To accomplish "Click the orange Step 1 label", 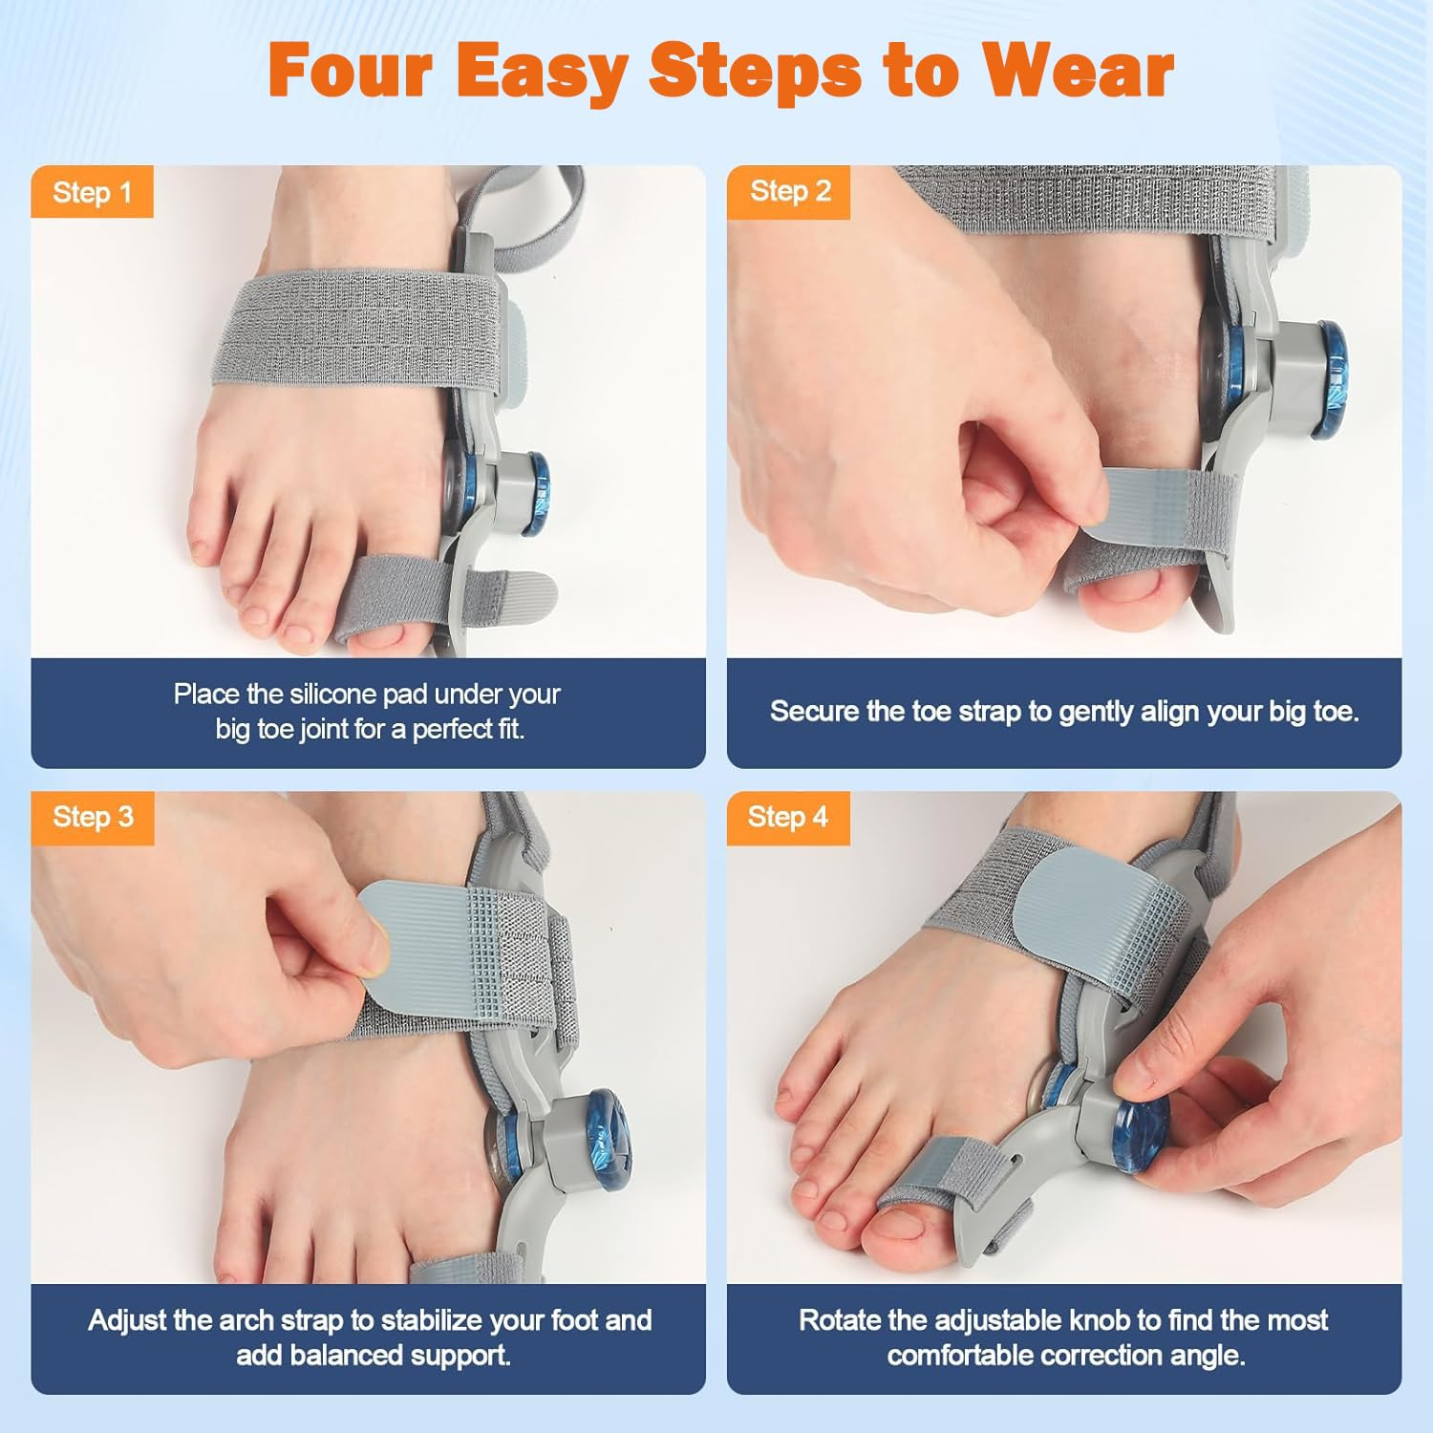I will click(92, 193).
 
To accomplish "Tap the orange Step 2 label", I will click(789, 192).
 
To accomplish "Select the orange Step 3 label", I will click(93, 818).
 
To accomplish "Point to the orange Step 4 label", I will click(787, 818).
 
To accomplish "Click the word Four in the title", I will click(350, 71).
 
